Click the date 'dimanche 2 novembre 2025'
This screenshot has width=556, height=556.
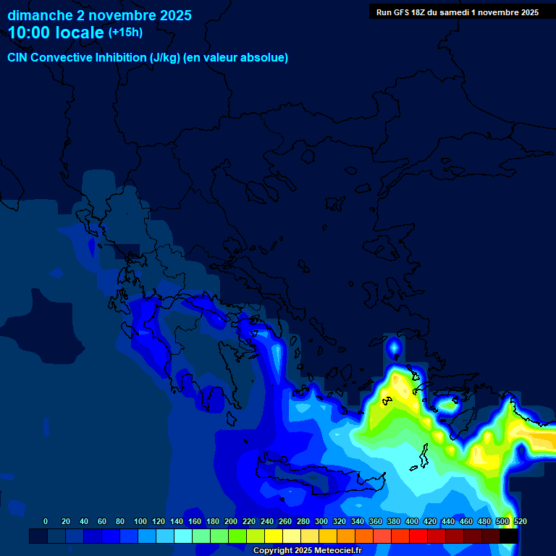pyautogui.click(x=99, y=14)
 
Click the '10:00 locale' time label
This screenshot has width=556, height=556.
pyautogui.click(x=56, y=32)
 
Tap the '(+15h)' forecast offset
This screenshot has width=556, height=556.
pyautogui.click(x=125, y=32)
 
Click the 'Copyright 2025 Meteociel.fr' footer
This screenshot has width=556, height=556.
pyautogui.click(x=307, y=550)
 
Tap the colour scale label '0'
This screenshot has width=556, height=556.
pyautogui.click(x=46, y=521)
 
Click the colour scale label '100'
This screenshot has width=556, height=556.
pyautogui.click(x=140, y=521)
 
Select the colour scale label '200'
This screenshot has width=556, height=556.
pyautogui.click(x=231, y=521)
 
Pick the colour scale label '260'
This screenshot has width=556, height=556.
pyautogui.click(x=285, y=521)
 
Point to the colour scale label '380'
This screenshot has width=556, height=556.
pyautogui.click(x=394, y=521)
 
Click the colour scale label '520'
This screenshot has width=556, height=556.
pyautogui.click(x=520, y=521)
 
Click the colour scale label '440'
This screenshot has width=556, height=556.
pyautogui.click(x=448, y=521)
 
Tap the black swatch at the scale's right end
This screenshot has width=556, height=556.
pyautogui.click(x=509, y=536)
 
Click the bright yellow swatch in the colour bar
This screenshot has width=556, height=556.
pyautogui.click(x=274, y=536)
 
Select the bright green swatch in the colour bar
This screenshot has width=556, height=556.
pyautogui.click(x=237, y=536)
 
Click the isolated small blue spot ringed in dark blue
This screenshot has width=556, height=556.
pyautogui.click(x=394, y=349)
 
